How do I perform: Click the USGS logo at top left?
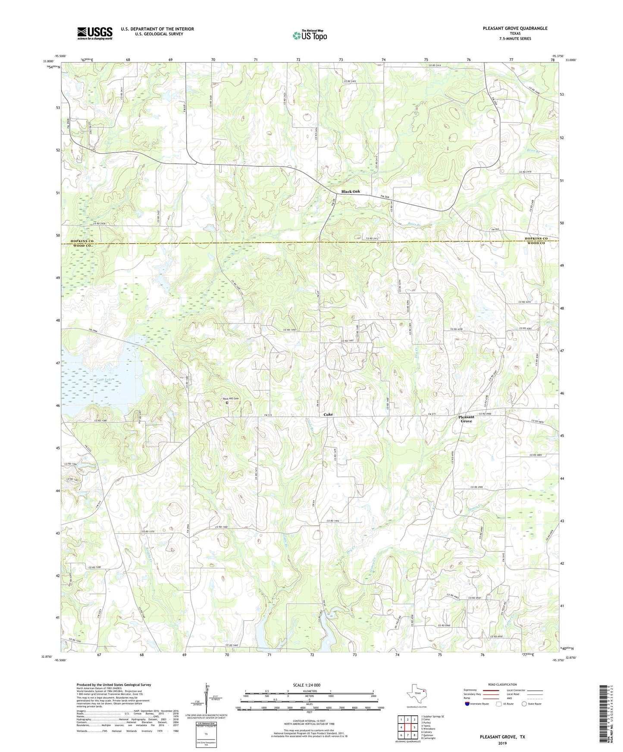click(x=95, y=33)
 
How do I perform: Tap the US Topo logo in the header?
click(x=309, y=35)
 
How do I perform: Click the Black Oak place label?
click(x=350, y=192)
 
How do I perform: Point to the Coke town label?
click(x=328, y=414)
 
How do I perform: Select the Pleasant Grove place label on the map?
click(x=466, y=419)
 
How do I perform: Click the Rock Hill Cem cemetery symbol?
click(x=227, y=403)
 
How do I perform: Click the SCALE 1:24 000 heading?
click(x=307, y=685)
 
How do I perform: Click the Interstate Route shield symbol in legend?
click(x=467, y=704)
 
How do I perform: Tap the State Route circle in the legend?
click(x=524, y=704)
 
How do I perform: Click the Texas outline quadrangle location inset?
click(x=416, y=693)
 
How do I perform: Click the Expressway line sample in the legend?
click(x=490, y=690)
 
